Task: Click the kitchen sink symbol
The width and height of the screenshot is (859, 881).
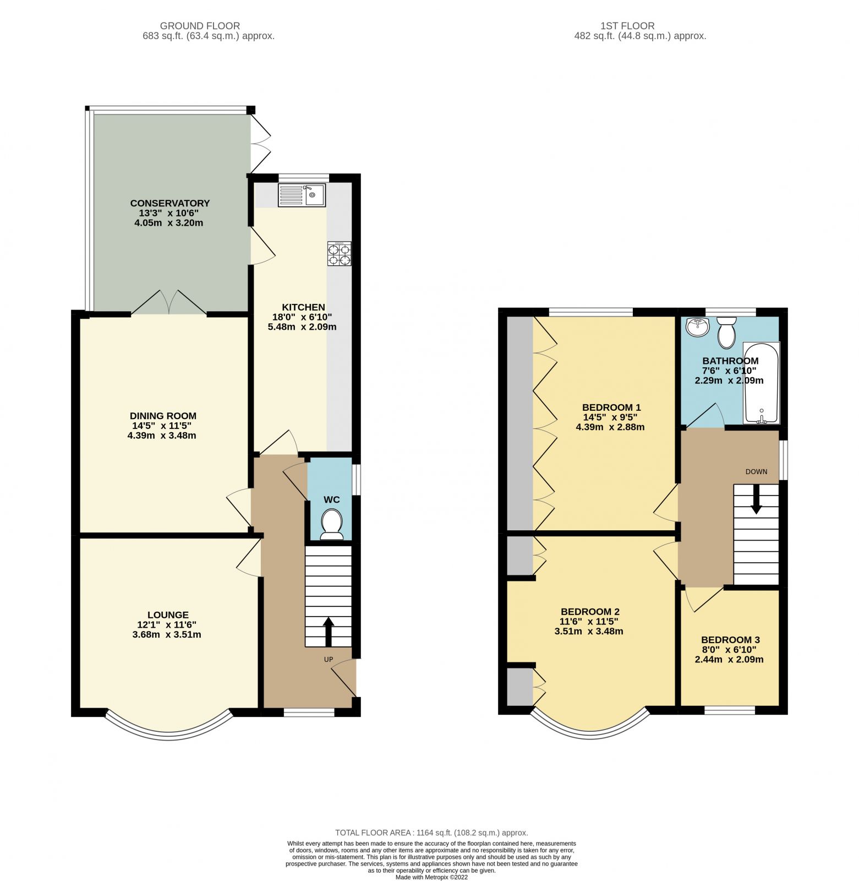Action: click(302, 195)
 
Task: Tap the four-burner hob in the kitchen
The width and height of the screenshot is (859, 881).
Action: click(339, 254)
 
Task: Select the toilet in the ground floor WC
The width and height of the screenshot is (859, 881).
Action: click(331, 524)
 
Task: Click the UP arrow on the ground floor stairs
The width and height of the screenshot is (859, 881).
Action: click(329, 632)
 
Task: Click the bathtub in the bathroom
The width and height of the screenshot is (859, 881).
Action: click(761, 383)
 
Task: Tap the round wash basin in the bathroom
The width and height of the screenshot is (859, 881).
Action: click(697, 327)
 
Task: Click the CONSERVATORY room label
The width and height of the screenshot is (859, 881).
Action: click(169, 203)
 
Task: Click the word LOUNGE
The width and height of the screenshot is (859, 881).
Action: click(168, 614)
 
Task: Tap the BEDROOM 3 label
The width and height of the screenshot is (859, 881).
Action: click(730, 639)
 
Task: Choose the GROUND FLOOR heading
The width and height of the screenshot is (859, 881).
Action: click(200, 26)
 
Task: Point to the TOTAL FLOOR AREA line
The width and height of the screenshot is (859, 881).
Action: click(431, 833)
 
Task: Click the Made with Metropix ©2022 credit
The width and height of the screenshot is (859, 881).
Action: click(431, 877)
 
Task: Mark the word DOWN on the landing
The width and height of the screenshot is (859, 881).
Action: click(756, 472)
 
